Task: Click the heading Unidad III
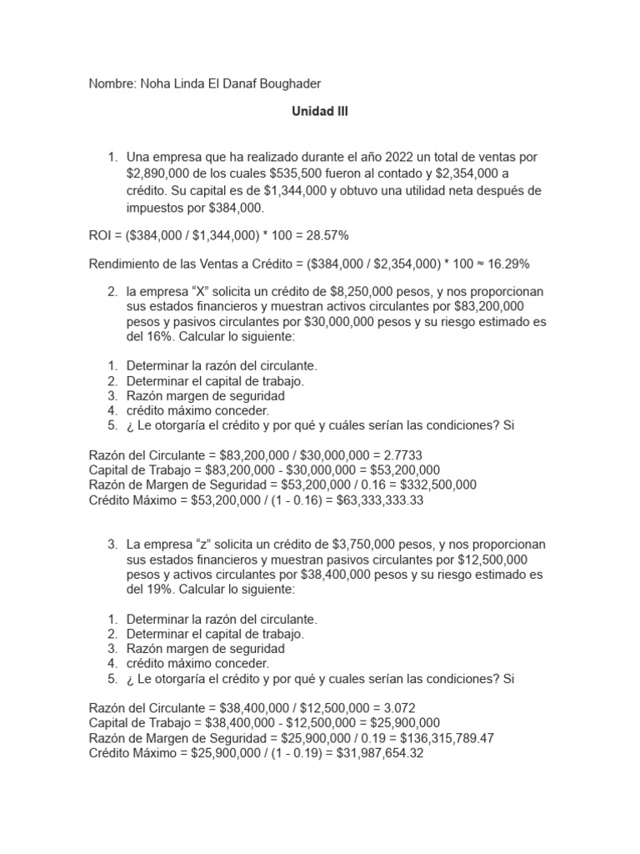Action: click(319, 111)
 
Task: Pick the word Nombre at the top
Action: click(109, 84)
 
